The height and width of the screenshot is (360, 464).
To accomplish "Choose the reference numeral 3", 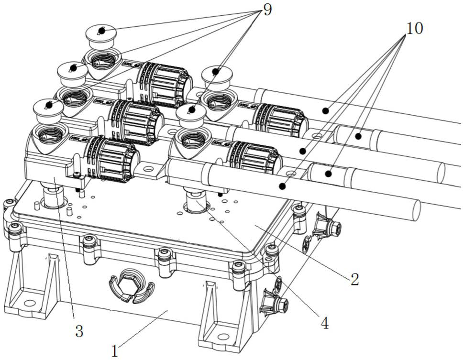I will coord(79,330).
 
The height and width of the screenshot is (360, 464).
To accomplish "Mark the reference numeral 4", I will coord(324,323).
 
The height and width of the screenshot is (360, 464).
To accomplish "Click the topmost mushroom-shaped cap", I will coord(101,33).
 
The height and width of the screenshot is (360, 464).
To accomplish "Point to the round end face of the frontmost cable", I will coord(413,209).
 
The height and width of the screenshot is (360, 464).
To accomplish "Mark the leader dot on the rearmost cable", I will coord(325,111).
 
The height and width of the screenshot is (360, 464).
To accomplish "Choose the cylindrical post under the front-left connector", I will coord(52,196).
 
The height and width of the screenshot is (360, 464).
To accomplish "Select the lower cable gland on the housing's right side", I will coord(276,301).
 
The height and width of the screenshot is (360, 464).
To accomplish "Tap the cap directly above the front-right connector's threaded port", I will coord(191,113).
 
